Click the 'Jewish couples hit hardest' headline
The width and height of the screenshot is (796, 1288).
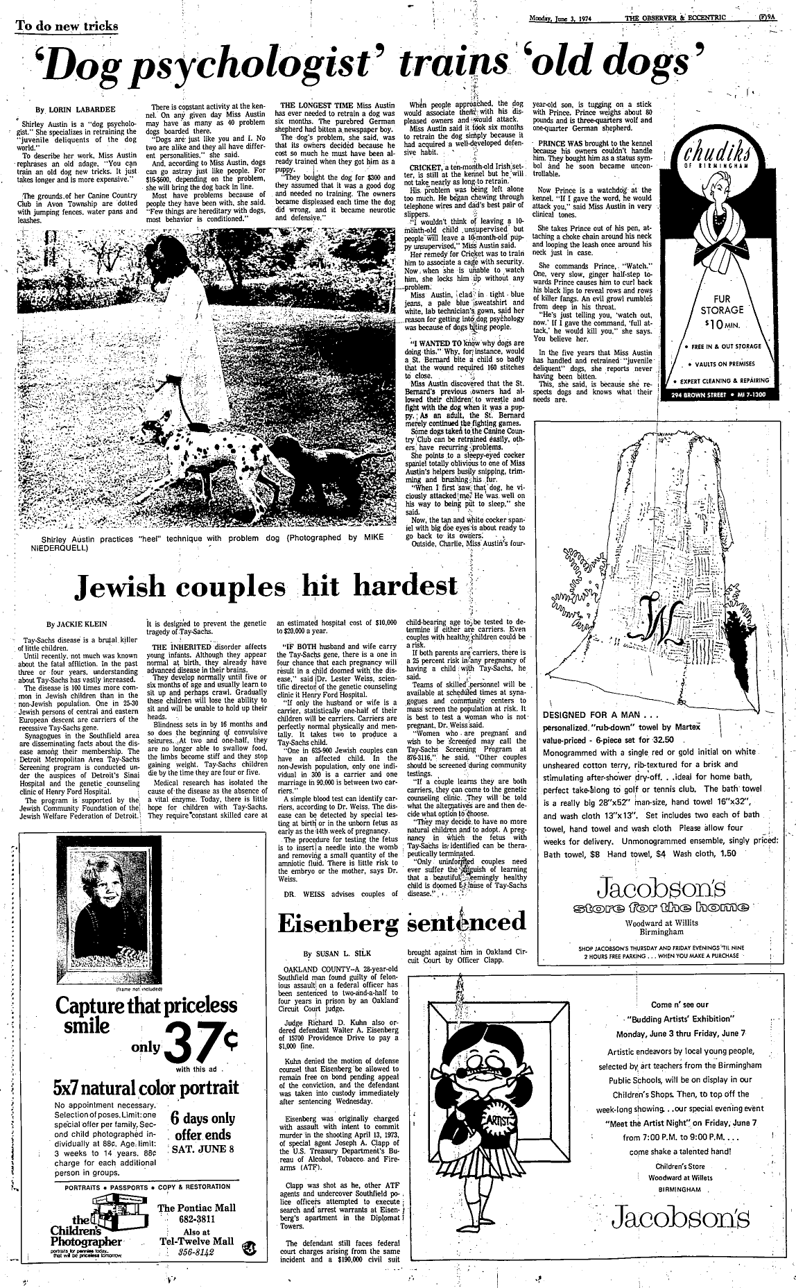(x=266, y=587)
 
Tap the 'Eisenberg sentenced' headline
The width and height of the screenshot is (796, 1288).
(x=401, y=922)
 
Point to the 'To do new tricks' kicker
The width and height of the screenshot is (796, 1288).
(x=67, y=26)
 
